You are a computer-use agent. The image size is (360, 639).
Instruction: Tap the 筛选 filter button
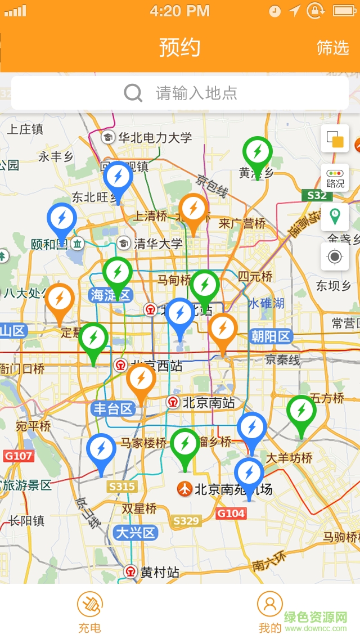tap(332, 48)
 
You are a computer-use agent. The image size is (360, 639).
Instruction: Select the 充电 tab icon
tap(90, 605)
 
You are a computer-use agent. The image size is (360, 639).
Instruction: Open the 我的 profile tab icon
tap(269, 605)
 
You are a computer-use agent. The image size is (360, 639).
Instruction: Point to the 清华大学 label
tap(158, 244)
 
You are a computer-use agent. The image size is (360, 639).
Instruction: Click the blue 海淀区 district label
tap(110, 295)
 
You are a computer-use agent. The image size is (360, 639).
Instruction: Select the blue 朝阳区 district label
tap(271, 336)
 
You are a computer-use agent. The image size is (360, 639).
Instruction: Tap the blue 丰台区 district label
tap(113, 408)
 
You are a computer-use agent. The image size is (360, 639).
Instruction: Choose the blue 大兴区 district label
tap(135, 533)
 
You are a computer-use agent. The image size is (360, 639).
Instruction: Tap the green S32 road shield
tap(317, 196)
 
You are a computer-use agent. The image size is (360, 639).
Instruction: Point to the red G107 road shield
tap(19, 456)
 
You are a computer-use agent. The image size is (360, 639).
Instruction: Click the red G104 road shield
tap(231, 513)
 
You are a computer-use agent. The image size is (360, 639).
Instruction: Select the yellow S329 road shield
tap(186, 521)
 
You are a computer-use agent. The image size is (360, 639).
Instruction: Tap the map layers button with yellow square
tap(335, 139)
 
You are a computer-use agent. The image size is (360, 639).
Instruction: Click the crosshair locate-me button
tap(335, 257)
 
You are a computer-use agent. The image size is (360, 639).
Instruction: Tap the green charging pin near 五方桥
tap(301, 411)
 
